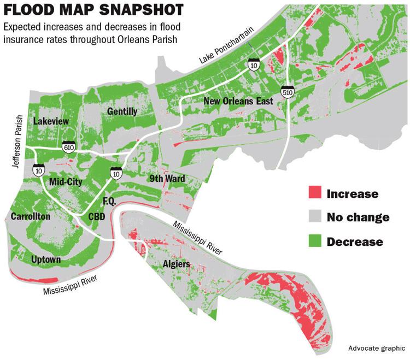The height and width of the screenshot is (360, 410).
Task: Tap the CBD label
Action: click(x=97, y=217)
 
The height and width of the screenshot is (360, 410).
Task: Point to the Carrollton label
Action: click(x=31, y=217)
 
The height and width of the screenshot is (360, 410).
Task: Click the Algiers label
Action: click(x=177, y=264)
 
